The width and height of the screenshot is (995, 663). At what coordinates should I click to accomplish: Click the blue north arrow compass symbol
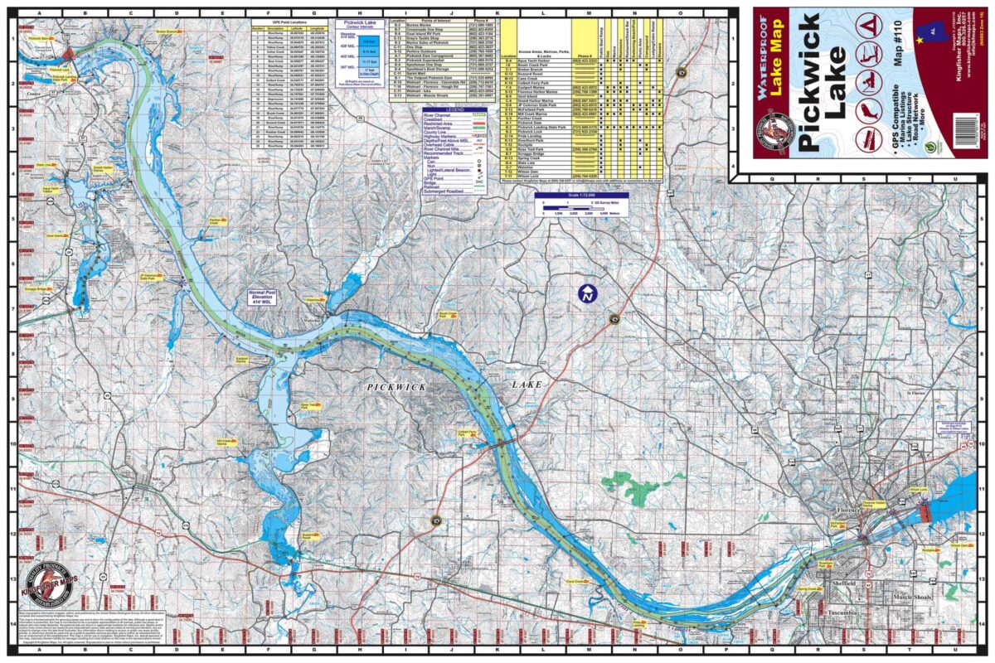click(x=587, y=294)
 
